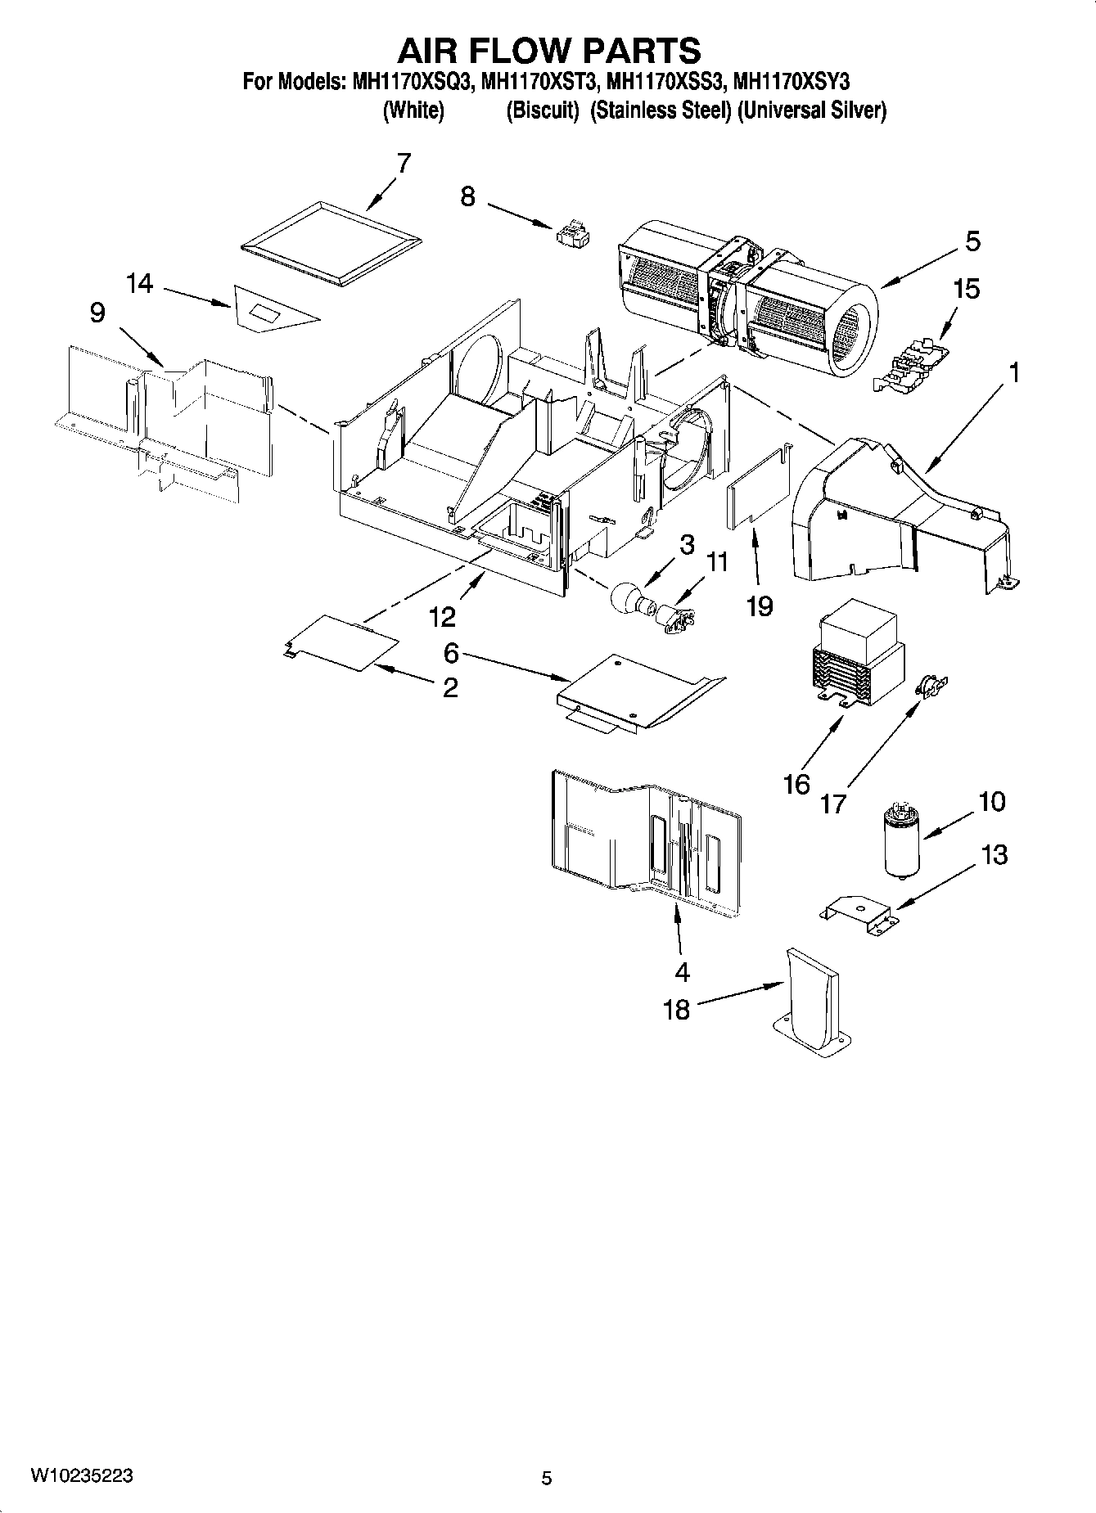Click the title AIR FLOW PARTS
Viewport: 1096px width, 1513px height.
click(x=548, y=51)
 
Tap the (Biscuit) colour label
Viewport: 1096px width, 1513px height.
click(x=542, y=110)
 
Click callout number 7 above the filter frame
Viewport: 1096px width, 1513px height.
click(x=403, y=163)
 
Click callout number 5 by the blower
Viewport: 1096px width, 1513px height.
click(x=972, y=241)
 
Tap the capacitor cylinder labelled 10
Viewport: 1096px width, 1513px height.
click(x=901, y=841)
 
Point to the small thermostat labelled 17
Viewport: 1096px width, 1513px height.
click(x=931, y=683)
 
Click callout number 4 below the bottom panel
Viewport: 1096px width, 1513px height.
click(x=682, y=972)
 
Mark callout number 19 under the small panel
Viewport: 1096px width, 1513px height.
click(x=760, y=606)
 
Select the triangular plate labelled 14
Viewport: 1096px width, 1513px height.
click(x=270, y=308)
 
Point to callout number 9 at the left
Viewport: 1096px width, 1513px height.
click(x=97, y=313)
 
